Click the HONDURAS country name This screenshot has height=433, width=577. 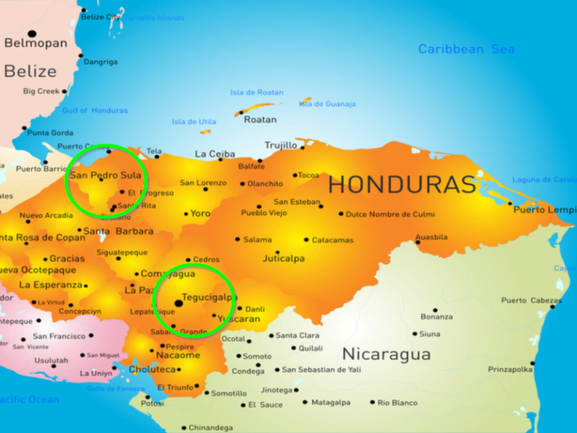pos(402,185)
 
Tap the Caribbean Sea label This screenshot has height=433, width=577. pos(466,49)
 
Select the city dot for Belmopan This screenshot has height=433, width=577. pos(32,33)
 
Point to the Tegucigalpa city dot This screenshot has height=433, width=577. pos(178,304)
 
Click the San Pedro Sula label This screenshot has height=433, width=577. pos(105,175)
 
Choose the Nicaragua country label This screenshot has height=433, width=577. pos(386,354)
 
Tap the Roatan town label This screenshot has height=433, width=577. pos(260,120)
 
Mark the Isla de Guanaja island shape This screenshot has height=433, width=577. pos(306,101)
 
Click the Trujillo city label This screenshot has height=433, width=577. pos(281,145)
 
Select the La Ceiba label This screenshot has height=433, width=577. pos(215,154)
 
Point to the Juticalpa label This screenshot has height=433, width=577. pos(283,258)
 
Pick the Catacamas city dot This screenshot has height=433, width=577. pos(306,240)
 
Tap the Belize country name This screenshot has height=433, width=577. pos(30,71)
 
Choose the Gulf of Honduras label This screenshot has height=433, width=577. pos(94,110)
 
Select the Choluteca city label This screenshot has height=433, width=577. pos(152,369)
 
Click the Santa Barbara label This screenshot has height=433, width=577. pos(118,232)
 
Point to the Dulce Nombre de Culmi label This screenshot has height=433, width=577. pos(390,214)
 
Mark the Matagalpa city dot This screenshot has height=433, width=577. pos(305,403)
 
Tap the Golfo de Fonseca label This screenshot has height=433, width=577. pos(116,388)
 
